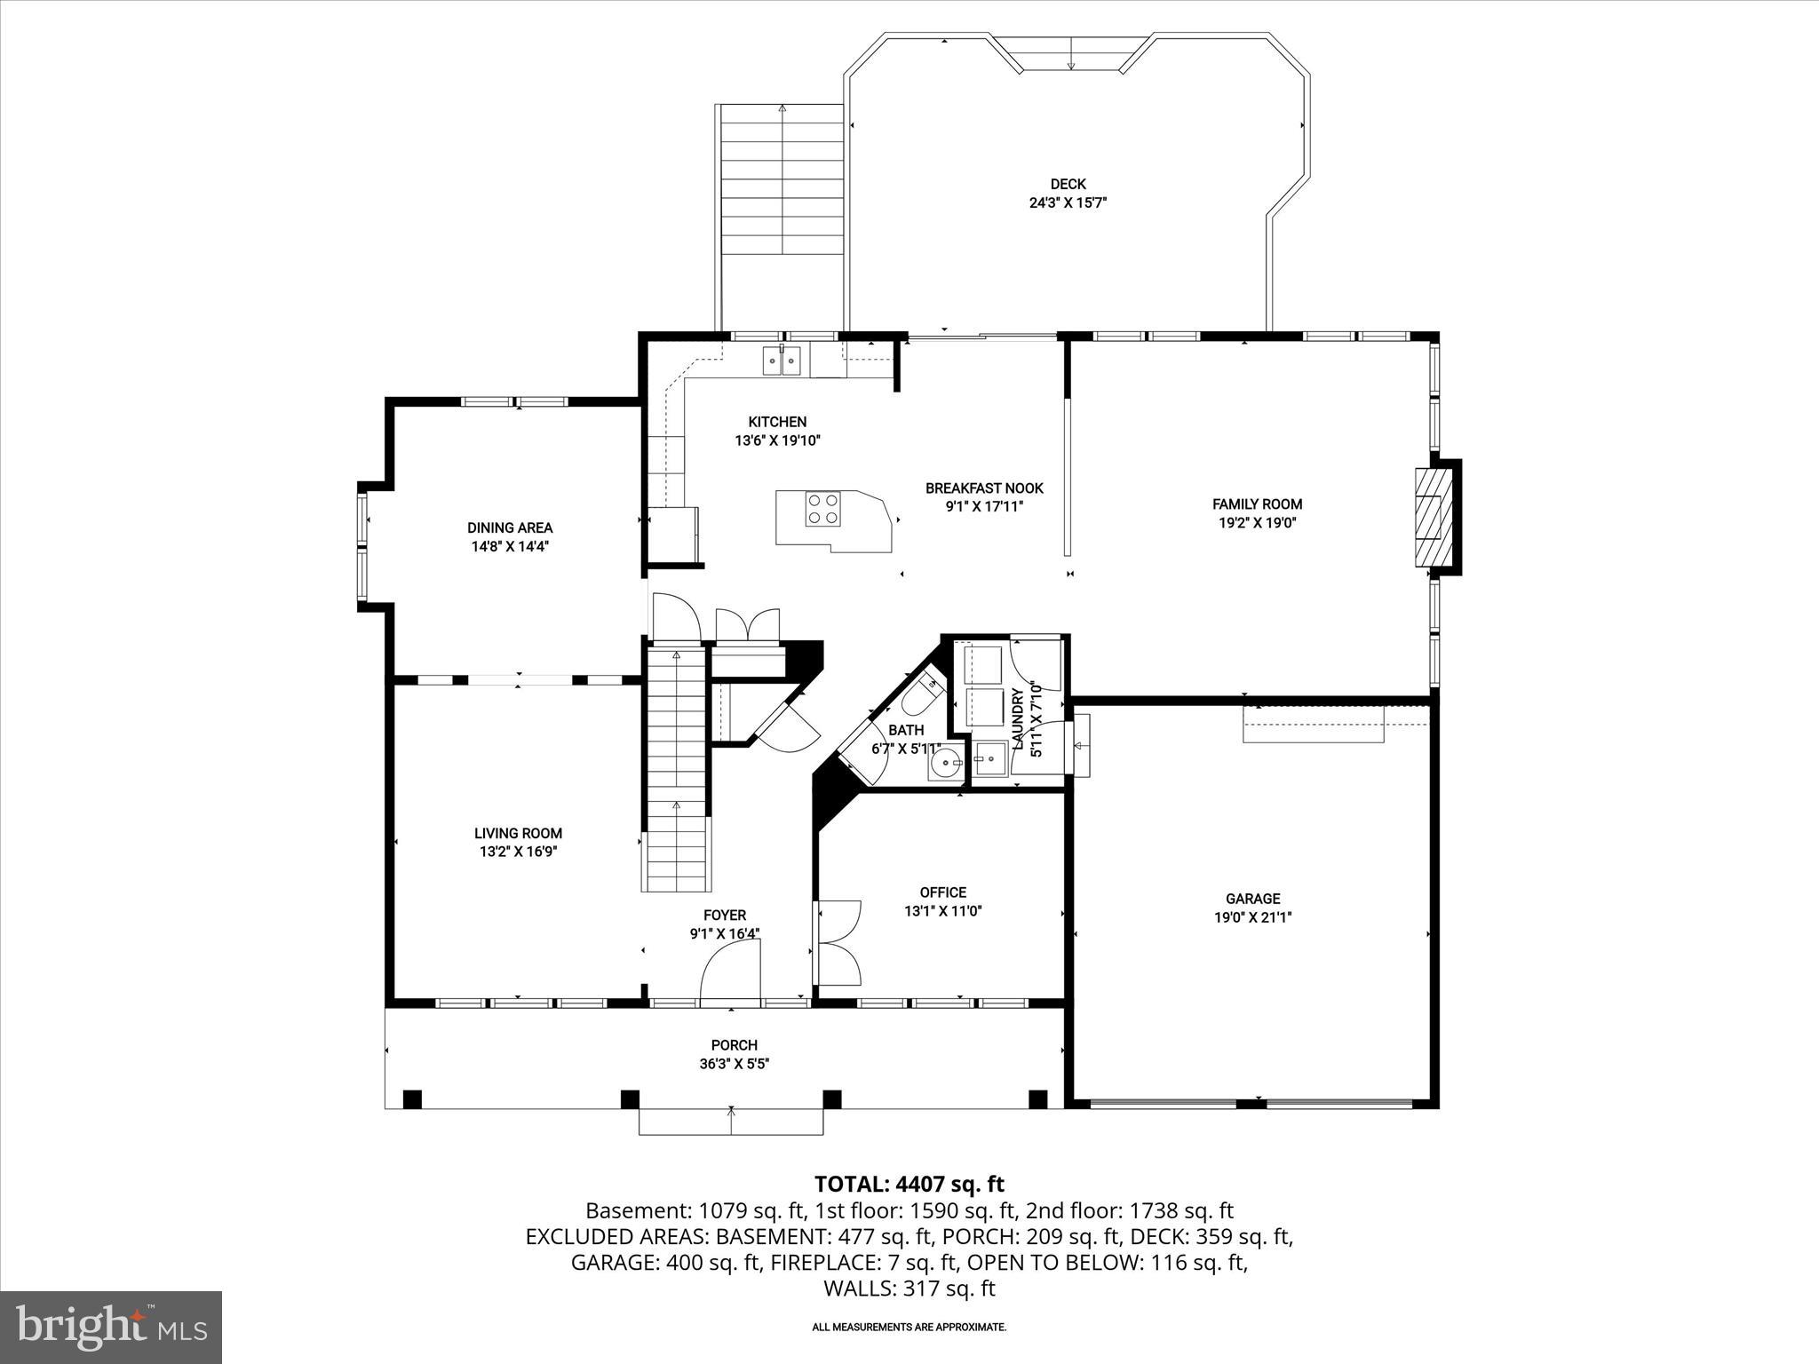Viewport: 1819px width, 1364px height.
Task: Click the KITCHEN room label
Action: (777, 422)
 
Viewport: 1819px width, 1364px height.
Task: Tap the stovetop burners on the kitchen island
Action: (822, 509)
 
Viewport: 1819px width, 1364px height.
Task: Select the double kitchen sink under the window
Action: (782, 361)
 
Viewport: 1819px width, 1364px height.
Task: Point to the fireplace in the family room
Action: (1430, 516)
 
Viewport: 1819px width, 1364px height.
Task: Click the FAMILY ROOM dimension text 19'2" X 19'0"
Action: (1257, 523)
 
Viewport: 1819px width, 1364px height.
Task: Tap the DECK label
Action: (1068, 184)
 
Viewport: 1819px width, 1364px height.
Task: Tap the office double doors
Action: (838, 943)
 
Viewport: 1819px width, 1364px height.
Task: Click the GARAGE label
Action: (1252, 899)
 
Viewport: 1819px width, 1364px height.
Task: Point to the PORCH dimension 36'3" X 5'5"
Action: (734, 1064)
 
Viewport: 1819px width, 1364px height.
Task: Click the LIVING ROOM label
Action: (518, 833)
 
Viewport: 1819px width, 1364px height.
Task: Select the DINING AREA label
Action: (510, 527)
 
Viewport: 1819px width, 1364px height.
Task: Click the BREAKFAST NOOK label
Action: (984, 488)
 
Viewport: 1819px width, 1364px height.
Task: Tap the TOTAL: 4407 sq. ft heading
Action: (909, 1184)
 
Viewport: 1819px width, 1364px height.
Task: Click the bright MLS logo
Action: (111, 1327)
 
